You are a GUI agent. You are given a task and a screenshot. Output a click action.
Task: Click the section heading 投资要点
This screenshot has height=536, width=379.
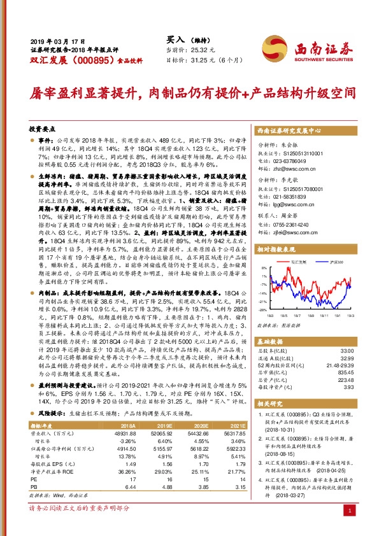pyautogui.click(x=44, y=129)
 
